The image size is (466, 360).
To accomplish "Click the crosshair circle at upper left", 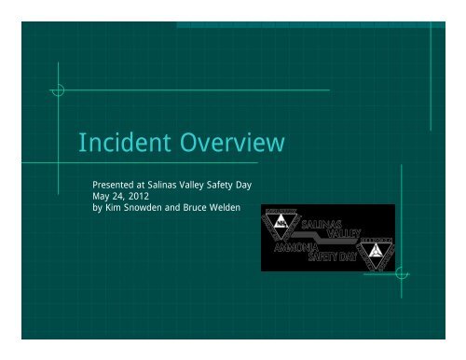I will (59, 90).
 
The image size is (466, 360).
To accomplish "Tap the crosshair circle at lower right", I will (400, 272).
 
